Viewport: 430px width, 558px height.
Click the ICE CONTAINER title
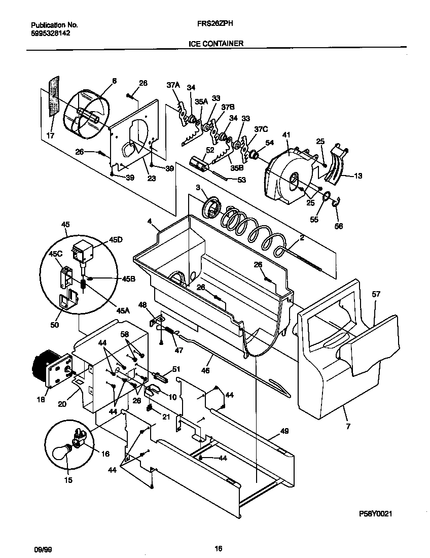coord(216,44)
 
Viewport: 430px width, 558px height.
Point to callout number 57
coord(376,294)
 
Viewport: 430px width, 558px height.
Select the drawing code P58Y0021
coord(376,514)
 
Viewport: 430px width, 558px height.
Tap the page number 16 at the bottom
coord(219,548)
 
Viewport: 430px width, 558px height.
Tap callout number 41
coord(286,135)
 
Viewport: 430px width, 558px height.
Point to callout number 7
coord(348,427)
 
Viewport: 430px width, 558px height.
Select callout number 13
coord(359,176)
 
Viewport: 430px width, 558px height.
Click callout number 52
coord(210,150)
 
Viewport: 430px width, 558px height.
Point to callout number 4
coord(150,221)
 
